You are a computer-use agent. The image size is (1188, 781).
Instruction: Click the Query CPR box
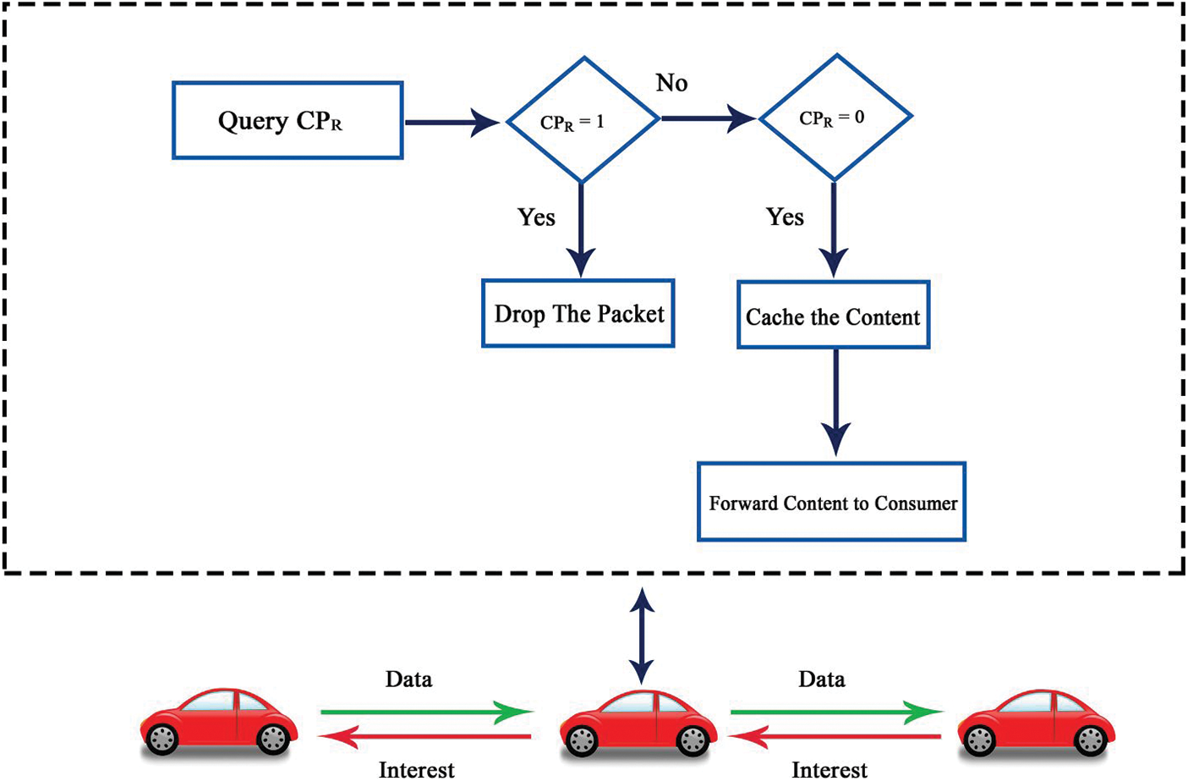coord(287,120)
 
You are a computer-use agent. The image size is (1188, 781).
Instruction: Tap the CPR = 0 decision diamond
coord(835,118)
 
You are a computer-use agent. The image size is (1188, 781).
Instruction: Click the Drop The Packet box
coord(578,313)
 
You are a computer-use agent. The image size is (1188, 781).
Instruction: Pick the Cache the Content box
coord(833,316)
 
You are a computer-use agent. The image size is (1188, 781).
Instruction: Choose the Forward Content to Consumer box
coord(831,502)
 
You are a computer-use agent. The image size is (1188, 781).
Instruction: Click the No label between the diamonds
coord(671,83)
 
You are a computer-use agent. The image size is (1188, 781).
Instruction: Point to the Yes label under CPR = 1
coord(536,217)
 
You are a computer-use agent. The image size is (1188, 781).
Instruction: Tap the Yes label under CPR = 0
coord(785,217)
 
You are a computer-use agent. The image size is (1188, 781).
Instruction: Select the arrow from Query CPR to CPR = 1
coord(452,122)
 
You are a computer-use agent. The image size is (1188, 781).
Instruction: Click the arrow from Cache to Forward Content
coord(835,403)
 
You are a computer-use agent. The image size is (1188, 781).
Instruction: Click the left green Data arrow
coord(426,712)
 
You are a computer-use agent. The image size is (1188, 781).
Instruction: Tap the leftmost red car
coord(218,722)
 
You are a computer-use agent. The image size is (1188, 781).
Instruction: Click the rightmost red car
coord(1036,722)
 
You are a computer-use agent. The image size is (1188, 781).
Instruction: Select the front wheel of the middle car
coord(582,741)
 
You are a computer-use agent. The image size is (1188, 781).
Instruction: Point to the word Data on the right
coord(821,679)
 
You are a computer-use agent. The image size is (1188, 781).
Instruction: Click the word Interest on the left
coord(416,769)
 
